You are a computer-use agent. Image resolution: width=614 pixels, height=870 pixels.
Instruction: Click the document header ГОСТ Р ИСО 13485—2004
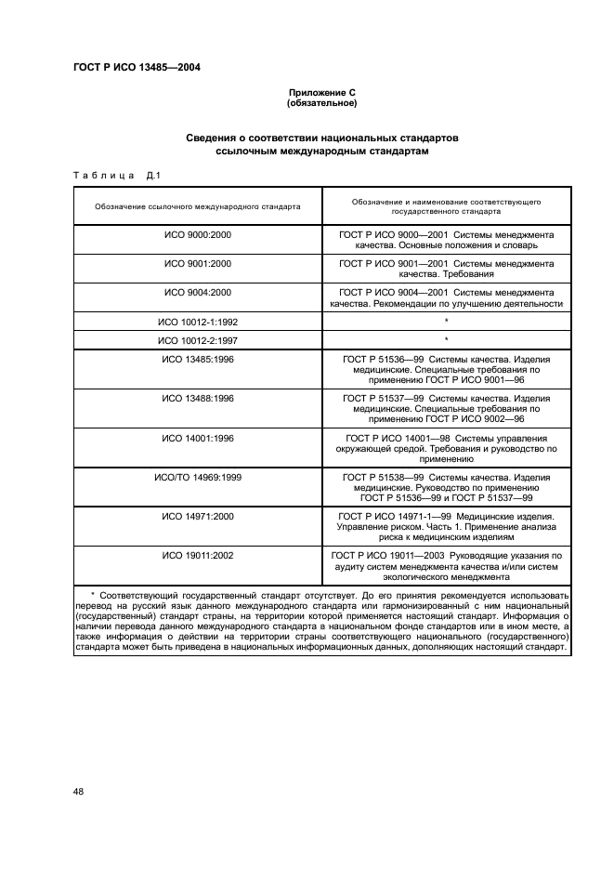(137, 67)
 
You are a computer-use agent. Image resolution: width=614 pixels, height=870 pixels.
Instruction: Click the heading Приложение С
(321, 93)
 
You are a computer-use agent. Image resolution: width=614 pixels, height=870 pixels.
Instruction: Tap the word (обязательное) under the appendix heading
(321, 103)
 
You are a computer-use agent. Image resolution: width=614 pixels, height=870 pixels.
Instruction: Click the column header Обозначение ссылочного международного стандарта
(197, 206)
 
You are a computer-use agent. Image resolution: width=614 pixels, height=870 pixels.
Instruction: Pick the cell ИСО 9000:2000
(197, 236)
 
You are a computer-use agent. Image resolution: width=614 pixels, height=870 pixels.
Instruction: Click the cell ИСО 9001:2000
(197, 264)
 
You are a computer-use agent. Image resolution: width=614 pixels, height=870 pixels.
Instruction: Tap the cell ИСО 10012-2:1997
(197, 340)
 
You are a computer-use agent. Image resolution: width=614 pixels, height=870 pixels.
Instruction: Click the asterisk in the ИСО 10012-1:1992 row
(446, 322)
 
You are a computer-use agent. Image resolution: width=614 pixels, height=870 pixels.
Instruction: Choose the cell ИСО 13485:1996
(197, 359)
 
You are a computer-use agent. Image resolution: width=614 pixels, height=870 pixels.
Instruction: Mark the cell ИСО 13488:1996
(197, 398)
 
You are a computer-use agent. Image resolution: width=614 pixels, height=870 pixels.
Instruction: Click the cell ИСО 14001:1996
(197, 437)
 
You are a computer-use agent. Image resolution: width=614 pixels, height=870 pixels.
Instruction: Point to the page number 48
(79, 790)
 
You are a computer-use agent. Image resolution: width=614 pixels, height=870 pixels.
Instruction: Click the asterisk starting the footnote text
(93, 593)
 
